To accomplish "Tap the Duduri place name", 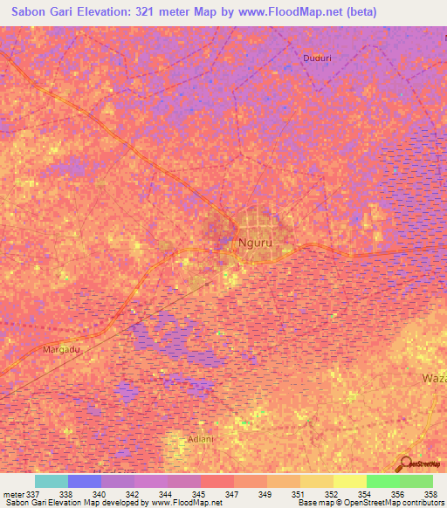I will tap(317, 58).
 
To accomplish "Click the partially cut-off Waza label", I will tap(434, 379).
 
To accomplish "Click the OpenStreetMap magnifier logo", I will tap(408, 463).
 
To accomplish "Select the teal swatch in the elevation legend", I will tap(51, 481).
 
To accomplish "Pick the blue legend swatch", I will tap(84, 481).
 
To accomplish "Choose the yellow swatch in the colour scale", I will tap(349, 481).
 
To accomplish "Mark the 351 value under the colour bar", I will tap(298, 494).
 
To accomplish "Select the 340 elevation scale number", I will tap(100, 494).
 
